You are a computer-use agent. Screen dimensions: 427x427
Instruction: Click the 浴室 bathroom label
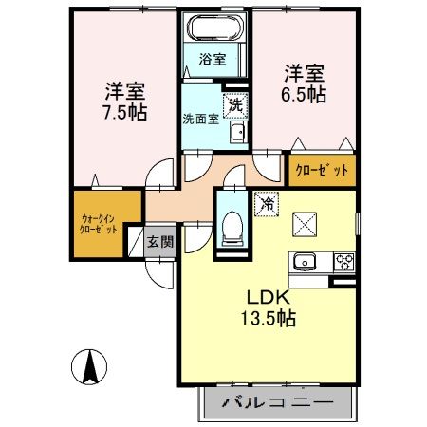(x=212, y=60)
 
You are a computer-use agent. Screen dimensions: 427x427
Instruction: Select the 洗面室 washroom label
(x=200, y=119)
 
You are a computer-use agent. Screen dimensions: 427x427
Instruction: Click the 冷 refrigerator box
(x=268, y=202)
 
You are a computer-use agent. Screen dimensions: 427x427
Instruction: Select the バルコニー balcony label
(x=278, y=403)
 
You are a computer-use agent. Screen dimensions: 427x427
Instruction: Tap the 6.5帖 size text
(x=306, y=96)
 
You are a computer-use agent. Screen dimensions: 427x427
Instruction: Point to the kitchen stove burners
(x=343, y=262)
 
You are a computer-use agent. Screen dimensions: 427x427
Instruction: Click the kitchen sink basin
(x=306, y=262)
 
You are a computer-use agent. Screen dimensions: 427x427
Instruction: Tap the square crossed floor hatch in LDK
(x=306, y=225)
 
